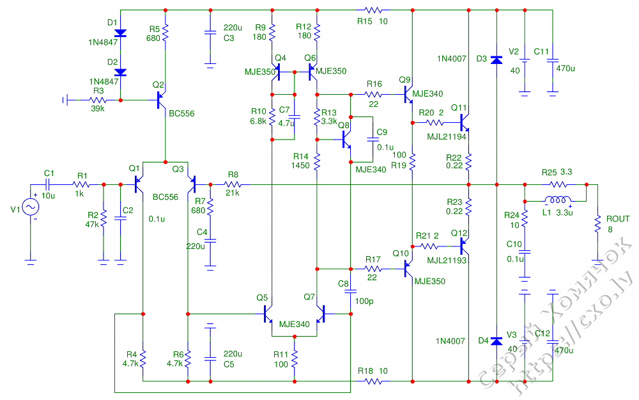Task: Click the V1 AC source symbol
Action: pos(30,207)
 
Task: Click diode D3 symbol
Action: pos(497,59)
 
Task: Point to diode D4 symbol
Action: pos(497,340)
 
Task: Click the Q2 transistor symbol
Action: pos(162,100)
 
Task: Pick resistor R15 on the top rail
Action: pos(373,10)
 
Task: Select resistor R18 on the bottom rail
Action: pos(373,381)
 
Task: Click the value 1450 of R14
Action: pos(300,165)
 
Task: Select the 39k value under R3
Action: pos(98,109)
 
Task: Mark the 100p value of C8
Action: pos(364,300)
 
